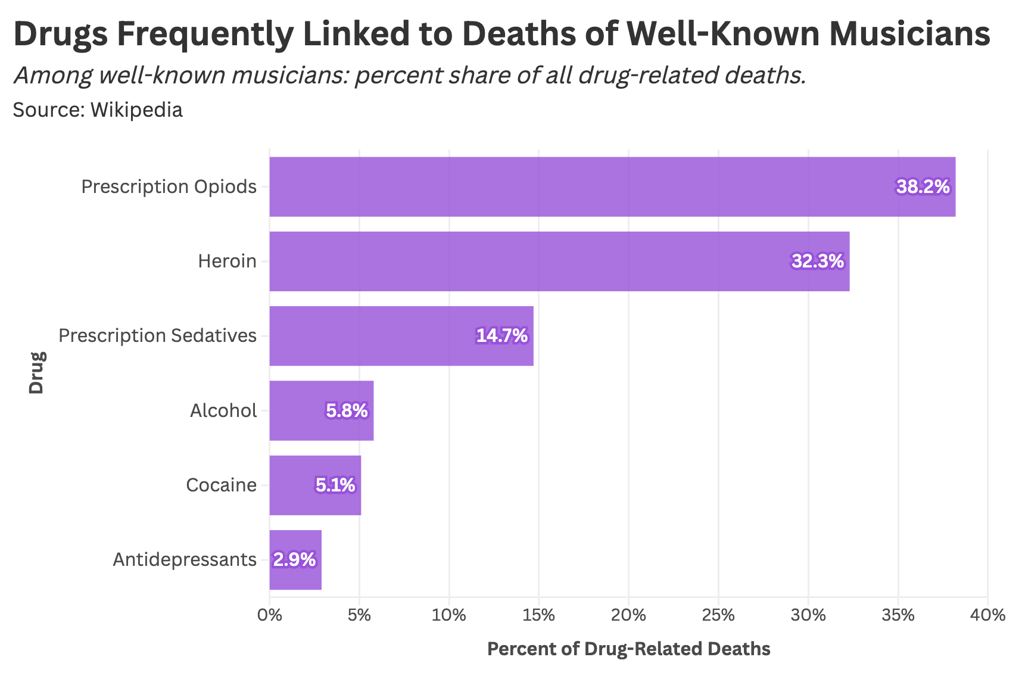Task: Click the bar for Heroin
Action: point(559,261)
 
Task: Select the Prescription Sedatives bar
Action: point(401,336)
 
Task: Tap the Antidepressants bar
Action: point(295,560)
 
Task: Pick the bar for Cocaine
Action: point(314,485)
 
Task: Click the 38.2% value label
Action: point(923,187)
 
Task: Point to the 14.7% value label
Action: point(501,336)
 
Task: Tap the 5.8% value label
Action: point(347,411)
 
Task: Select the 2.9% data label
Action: point(294,560)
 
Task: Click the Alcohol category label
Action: point(223,411)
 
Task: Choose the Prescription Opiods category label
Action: point(169,187)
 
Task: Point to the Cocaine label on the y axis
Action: point(221,485)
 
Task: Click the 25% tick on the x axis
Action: point(718,615)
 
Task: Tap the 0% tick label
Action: point(270,615)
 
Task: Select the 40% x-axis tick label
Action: point(987,615)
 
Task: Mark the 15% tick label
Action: point(539,615)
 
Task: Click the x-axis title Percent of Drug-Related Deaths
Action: point(628,649)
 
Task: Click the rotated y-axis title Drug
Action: point(37,373)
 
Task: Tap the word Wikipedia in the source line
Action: point(136,110)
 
